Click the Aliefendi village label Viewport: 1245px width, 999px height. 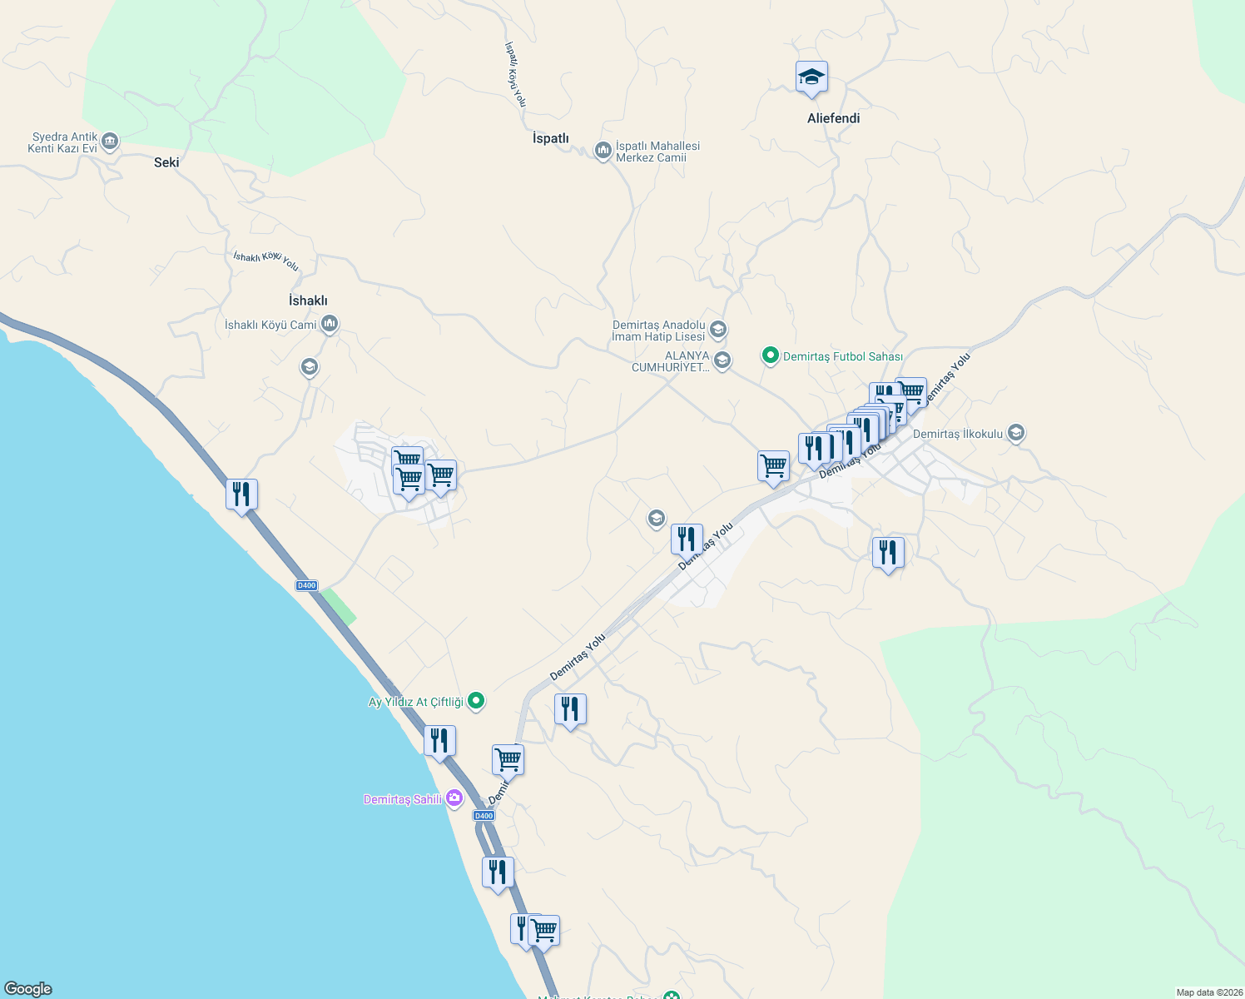(x=833, y=118)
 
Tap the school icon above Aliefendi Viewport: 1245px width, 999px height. (x=811, y=77)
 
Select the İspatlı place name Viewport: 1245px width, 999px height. (x=551, y=138)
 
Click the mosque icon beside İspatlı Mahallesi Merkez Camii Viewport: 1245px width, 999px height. (x=603, y=151)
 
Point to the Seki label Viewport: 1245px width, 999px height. (x=166, y=162)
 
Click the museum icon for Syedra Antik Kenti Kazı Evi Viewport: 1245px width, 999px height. (x=110, y=142)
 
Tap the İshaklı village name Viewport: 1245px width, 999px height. (x=308, y=301)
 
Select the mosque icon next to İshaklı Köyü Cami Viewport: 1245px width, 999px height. (x=330, y=324)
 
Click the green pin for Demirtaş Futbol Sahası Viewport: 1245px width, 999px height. (x=771, y=356)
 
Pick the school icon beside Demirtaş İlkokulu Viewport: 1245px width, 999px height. (x=1015, y=433)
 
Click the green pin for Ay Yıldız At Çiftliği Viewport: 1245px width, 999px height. (x=476, y=701)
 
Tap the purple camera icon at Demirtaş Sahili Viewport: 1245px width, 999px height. (x=454, y=798)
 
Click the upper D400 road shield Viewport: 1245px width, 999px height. (x=306, y=585)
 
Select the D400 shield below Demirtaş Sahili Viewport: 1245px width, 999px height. (x=484, y=816)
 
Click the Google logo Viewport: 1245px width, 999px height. (x=28, y=989)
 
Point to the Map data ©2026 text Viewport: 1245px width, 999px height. (x=1208, y=992)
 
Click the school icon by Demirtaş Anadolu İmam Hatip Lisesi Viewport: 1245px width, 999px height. (x=718, y=330)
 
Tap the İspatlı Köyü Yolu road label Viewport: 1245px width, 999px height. (x=515, y=74)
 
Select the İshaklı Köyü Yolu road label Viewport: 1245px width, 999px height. (x=265, y=261)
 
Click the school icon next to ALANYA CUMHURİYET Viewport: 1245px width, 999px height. (x=722, y=360)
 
